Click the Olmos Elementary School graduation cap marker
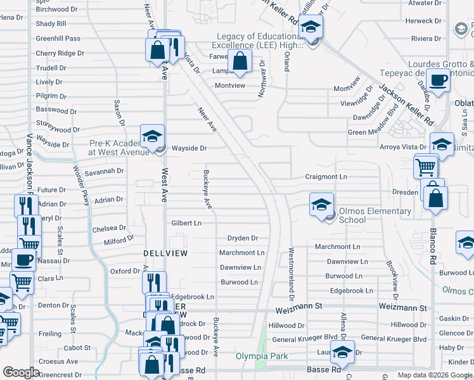pos(322,205)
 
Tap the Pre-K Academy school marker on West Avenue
pos(152,136)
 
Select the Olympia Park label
pos(262,357)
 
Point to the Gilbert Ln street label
pos(186,223)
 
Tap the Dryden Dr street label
pos(243,238)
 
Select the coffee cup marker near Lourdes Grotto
pos(438,81)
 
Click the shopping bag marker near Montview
pos(240,62)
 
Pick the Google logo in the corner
pos(21,372)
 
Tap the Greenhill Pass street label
pos(58,39)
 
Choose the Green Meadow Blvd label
pos(375,132)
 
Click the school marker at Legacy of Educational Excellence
pos(311,27)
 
